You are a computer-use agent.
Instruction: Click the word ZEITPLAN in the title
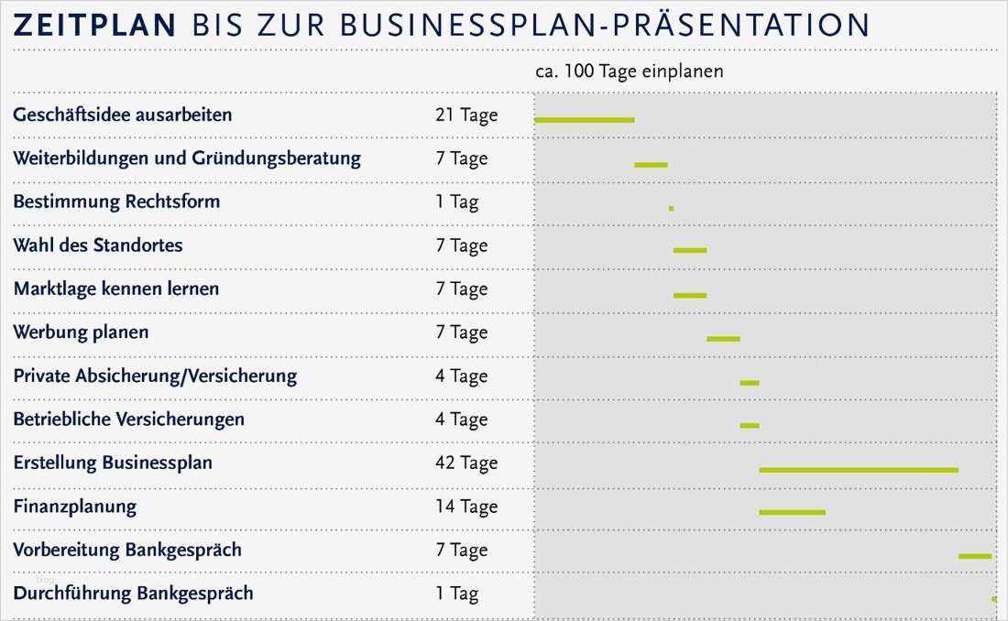94,25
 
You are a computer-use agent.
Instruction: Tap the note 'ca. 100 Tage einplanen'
629,71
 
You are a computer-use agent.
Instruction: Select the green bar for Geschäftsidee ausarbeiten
584,120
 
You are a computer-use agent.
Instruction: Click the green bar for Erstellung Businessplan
859,470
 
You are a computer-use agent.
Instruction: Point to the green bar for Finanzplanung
792,512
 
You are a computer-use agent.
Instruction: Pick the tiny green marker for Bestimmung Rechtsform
671,208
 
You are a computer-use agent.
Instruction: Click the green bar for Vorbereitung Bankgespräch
975,556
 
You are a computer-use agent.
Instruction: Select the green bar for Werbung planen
723,339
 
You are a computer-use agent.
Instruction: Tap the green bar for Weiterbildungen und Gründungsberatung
651,165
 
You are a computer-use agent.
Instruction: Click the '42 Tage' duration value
466,463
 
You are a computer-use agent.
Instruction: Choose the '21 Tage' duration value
466,114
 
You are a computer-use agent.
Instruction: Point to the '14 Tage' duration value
466,507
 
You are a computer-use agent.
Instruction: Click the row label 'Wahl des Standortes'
98,245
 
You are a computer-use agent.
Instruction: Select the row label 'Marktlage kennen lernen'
116,289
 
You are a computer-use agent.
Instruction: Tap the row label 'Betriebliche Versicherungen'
129,419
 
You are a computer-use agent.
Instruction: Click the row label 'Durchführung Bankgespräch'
133,594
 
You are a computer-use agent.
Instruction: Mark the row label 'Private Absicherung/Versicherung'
155,376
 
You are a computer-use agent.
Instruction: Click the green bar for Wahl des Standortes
690,250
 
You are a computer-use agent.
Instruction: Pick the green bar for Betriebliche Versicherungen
750,425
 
